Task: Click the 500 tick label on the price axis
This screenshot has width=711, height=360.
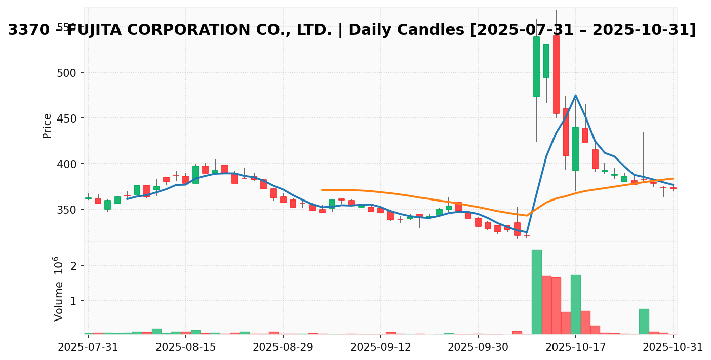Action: coord(66,73)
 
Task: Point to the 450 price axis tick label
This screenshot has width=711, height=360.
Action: coord(66,118)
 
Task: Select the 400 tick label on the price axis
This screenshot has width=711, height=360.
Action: coord(66,164)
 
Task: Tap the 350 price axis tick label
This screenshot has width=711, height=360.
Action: coord(66,210)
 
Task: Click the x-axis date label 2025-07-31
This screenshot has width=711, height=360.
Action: coord(88,347)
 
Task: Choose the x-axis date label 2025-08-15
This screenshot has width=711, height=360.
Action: coord(186,347)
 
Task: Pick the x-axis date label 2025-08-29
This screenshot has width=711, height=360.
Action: coord(283,347)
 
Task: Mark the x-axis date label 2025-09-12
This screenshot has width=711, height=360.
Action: coord(381,347)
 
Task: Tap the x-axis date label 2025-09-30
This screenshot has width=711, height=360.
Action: coord(478,347)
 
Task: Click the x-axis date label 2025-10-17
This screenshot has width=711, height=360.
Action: coord(576,347)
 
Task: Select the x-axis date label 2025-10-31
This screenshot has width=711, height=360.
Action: coord(673,347)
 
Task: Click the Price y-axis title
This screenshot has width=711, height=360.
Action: coord(47,126)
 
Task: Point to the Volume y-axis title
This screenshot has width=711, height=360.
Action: coord(59,289)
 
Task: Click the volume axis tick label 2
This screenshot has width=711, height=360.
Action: coord(74,266)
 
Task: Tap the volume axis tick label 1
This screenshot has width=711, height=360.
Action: coord(74,301)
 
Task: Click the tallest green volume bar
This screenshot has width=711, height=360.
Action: coord(537,292)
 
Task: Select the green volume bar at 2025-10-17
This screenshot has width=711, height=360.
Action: coord(576,304)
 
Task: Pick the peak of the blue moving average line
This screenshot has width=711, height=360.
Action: coord(576,95)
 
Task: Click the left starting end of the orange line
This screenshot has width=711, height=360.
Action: coord(322,190)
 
